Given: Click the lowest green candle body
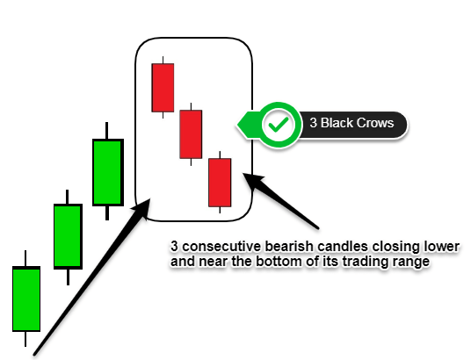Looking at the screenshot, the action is click(x=26, y=299).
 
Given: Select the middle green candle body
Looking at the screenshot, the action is click(x=69, y=236).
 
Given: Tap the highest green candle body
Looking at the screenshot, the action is click(x=108, y=172).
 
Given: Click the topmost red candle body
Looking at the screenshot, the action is click(x=163, y=88).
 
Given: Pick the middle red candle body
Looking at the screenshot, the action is click(x=191, y=134).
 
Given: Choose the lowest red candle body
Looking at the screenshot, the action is click(x=220, y=183).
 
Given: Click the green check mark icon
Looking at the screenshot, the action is click(x=279, y=125).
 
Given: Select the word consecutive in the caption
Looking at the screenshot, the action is click(x=221, y=247).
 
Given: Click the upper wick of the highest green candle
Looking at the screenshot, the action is click(x=106, y=131).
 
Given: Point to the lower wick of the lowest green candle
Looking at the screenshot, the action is click(x=25, y=339).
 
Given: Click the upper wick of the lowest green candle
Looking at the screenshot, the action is click(x=25, y=258).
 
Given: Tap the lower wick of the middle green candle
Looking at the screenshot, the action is click(x=69, y=277).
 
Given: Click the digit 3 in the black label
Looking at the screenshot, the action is click(x=314, y=123).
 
